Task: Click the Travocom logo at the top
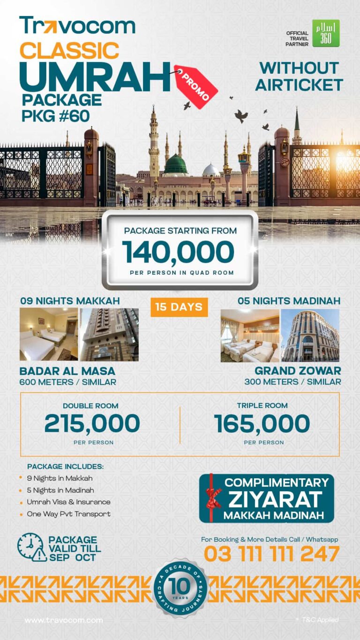tap(77, 26)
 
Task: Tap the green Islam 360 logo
tap(326, 33)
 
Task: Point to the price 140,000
tap(178, 252)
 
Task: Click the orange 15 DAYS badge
tap(179, 307)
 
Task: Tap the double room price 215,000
tap(92, 424)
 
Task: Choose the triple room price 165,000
tap(262, 424)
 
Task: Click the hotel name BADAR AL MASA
tap(67, 371)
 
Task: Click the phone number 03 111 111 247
tap(271, 554)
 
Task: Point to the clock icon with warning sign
tap(32, 547)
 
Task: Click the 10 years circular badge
tap(180, 587)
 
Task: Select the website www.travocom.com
tap(64, 620)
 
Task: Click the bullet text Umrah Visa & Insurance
tap(68, 502)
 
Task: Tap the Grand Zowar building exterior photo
tap(310, 335)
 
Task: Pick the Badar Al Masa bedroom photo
tap(49, 334)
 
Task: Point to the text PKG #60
tap(56, 115)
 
